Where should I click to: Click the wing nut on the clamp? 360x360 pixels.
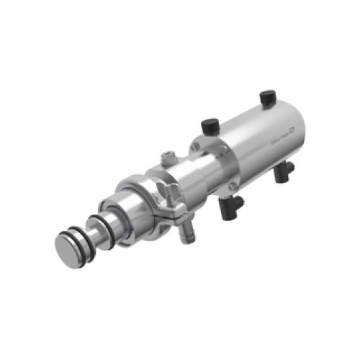coord(170,192)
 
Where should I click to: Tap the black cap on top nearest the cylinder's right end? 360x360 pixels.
coord(267,95)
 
